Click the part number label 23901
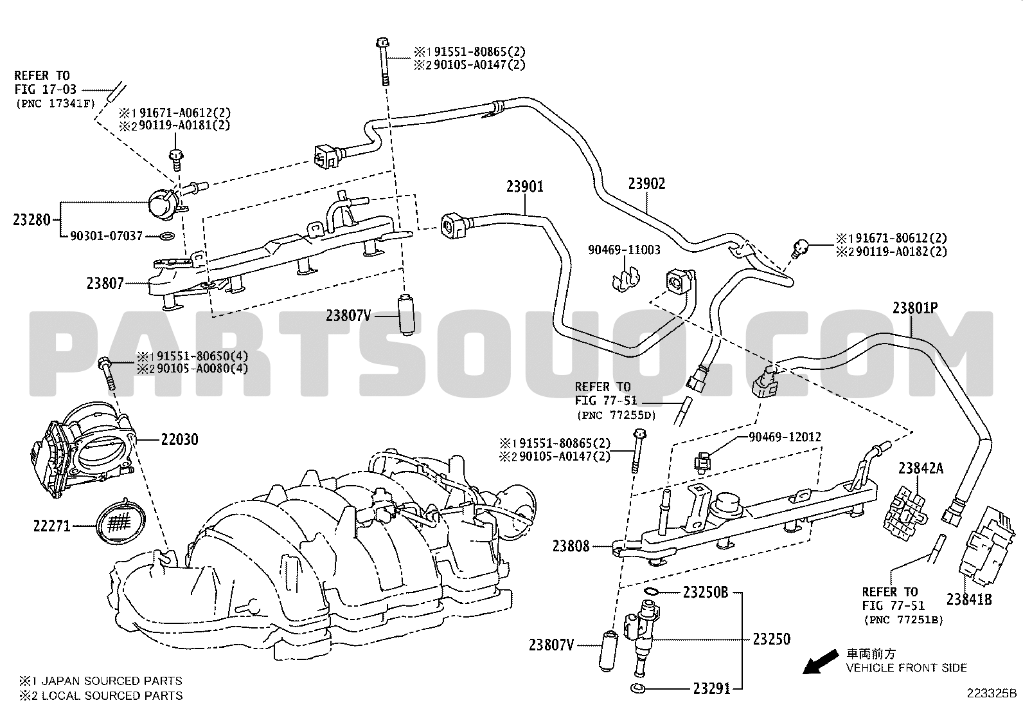(x=525, y=187)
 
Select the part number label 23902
(x=646, y=184)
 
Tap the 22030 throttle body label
(x=179, y=439)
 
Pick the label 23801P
(x=915, y=308)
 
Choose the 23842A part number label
(x=921, y=468)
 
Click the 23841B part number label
(x=969, y=599)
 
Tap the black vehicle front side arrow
(x=821, y=663)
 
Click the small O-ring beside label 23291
(x=637, y=687)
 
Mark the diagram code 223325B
(x=992, y=693)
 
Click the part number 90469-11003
(x=624, y=250)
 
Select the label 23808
(x=571, y=546)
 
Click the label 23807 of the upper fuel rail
(x=105, y=284)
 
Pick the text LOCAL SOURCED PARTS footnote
(x=112, y=695)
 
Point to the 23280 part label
(x=31, y=220)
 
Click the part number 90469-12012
(x=785, y=437)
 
